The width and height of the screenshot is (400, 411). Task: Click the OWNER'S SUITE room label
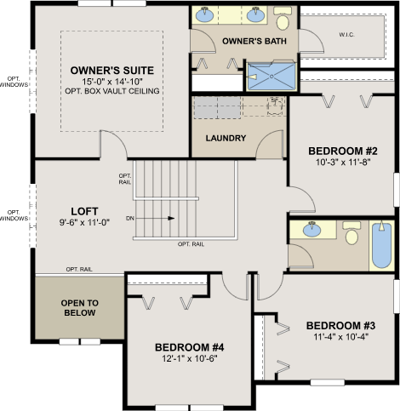click(x=112, y=71)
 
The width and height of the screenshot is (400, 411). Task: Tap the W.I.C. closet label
click(x=346, y=35)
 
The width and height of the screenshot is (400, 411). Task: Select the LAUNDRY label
click(x=226, y=138)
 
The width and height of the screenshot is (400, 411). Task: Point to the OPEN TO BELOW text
click(x=80, y=308)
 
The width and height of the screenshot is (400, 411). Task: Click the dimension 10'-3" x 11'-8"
click(x=343, y=163)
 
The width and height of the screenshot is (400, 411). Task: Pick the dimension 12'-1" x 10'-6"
click(x=190, y=358)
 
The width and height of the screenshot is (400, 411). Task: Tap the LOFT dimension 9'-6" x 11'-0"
click(x=84, y=222)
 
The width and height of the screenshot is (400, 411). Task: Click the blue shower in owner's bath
click(x=271, y=77)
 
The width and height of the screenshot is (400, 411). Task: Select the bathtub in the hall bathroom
click(x=381, y=246)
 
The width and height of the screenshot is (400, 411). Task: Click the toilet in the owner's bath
click(x=283, y=19)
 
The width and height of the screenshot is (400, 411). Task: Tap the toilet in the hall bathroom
click(x=351, y=233)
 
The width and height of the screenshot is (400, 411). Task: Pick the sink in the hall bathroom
click(x=311, y=230)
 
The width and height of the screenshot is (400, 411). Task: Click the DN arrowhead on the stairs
click(x=171, y=218)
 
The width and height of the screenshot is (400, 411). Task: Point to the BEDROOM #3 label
click(x=340, y=326)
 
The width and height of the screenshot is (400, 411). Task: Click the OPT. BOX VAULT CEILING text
click(x=112, y=91)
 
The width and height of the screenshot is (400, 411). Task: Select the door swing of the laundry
click(x=270, y=144)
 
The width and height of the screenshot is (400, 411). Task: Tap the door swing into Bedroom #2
click(x=301, y=199)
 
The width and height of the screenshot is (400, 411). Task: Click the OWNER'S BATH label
click(x=254, y=41)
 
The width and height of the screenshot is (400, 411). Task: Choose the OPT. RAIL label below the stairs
click(x=191, y=244)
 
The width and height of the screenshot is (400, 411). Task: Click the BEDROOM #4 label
click(x=190, y=347)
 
